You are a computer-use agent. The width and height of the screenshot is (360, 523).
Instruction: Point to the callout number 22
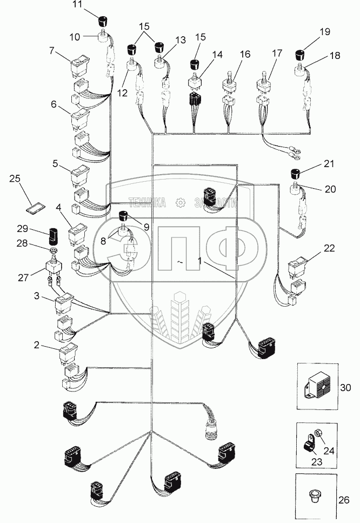pyautogui.click(x=329, y=248)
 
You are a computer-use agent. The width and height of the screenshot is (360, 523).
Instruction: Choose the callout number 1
pyautogui.click(x=201, y=261)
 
